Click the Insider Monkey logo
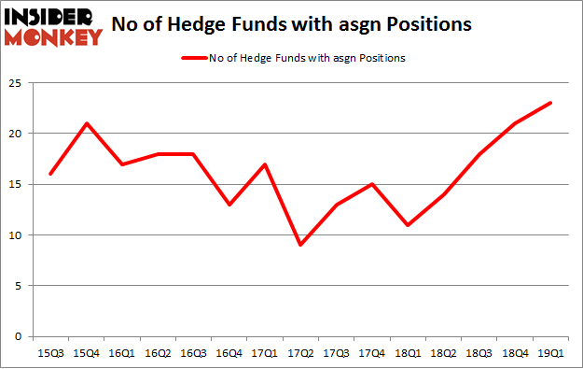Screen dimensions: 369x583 point(52,26)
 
